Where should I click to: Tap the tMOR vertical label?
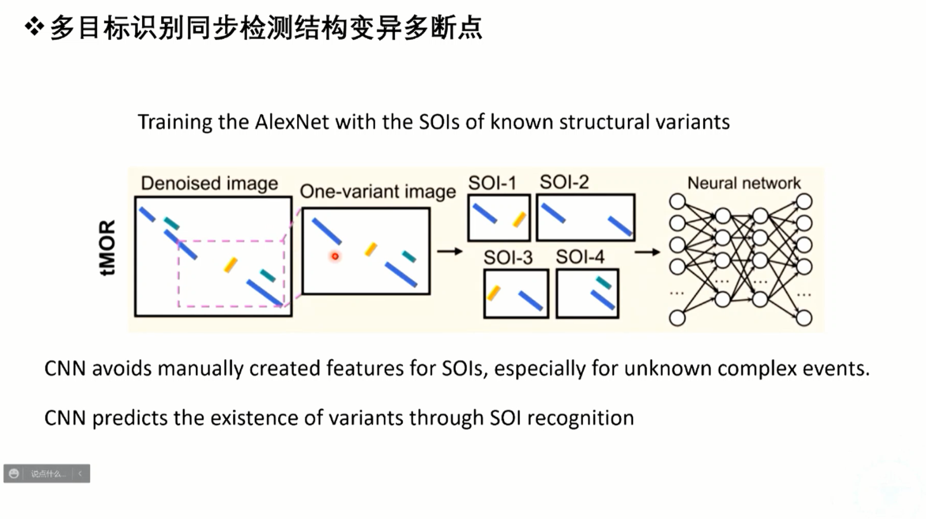(107, 248)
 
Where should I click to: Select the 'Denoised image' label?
(209, 183)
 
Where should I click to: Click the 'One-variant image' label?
(378, 191)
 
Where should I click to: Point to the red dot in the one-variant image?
(335, 256)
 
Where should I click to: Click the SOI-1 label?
(492, 183)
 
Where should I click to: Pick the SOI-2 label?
(564, 182)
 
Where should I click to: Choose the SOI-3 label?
(508, 257)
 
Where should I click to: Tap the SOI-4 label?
(580, 257)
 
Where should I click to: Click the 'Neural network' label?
(744, 183)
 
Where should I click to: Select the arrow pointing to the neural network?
(647, 252)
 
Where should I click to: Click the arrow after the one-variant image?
(450, 251)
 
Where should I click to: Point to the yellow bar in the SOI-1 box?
(519, 219)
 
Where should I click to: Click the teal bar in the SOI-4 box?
(603, 282)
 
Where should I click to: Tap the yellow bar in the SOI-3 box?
(494, 292)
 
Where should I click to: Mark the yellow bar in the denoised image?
(230, 265)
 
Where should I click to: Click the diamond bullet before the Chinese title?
(34, 27)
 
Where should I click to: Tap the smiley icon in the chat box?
(14, 474)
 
